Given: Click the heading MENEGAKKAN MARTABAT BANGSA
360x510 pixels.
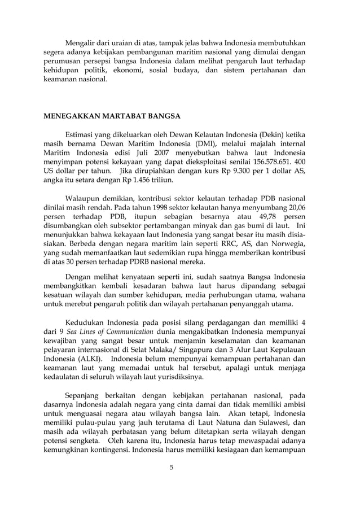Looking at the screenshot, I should point(112,116).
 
